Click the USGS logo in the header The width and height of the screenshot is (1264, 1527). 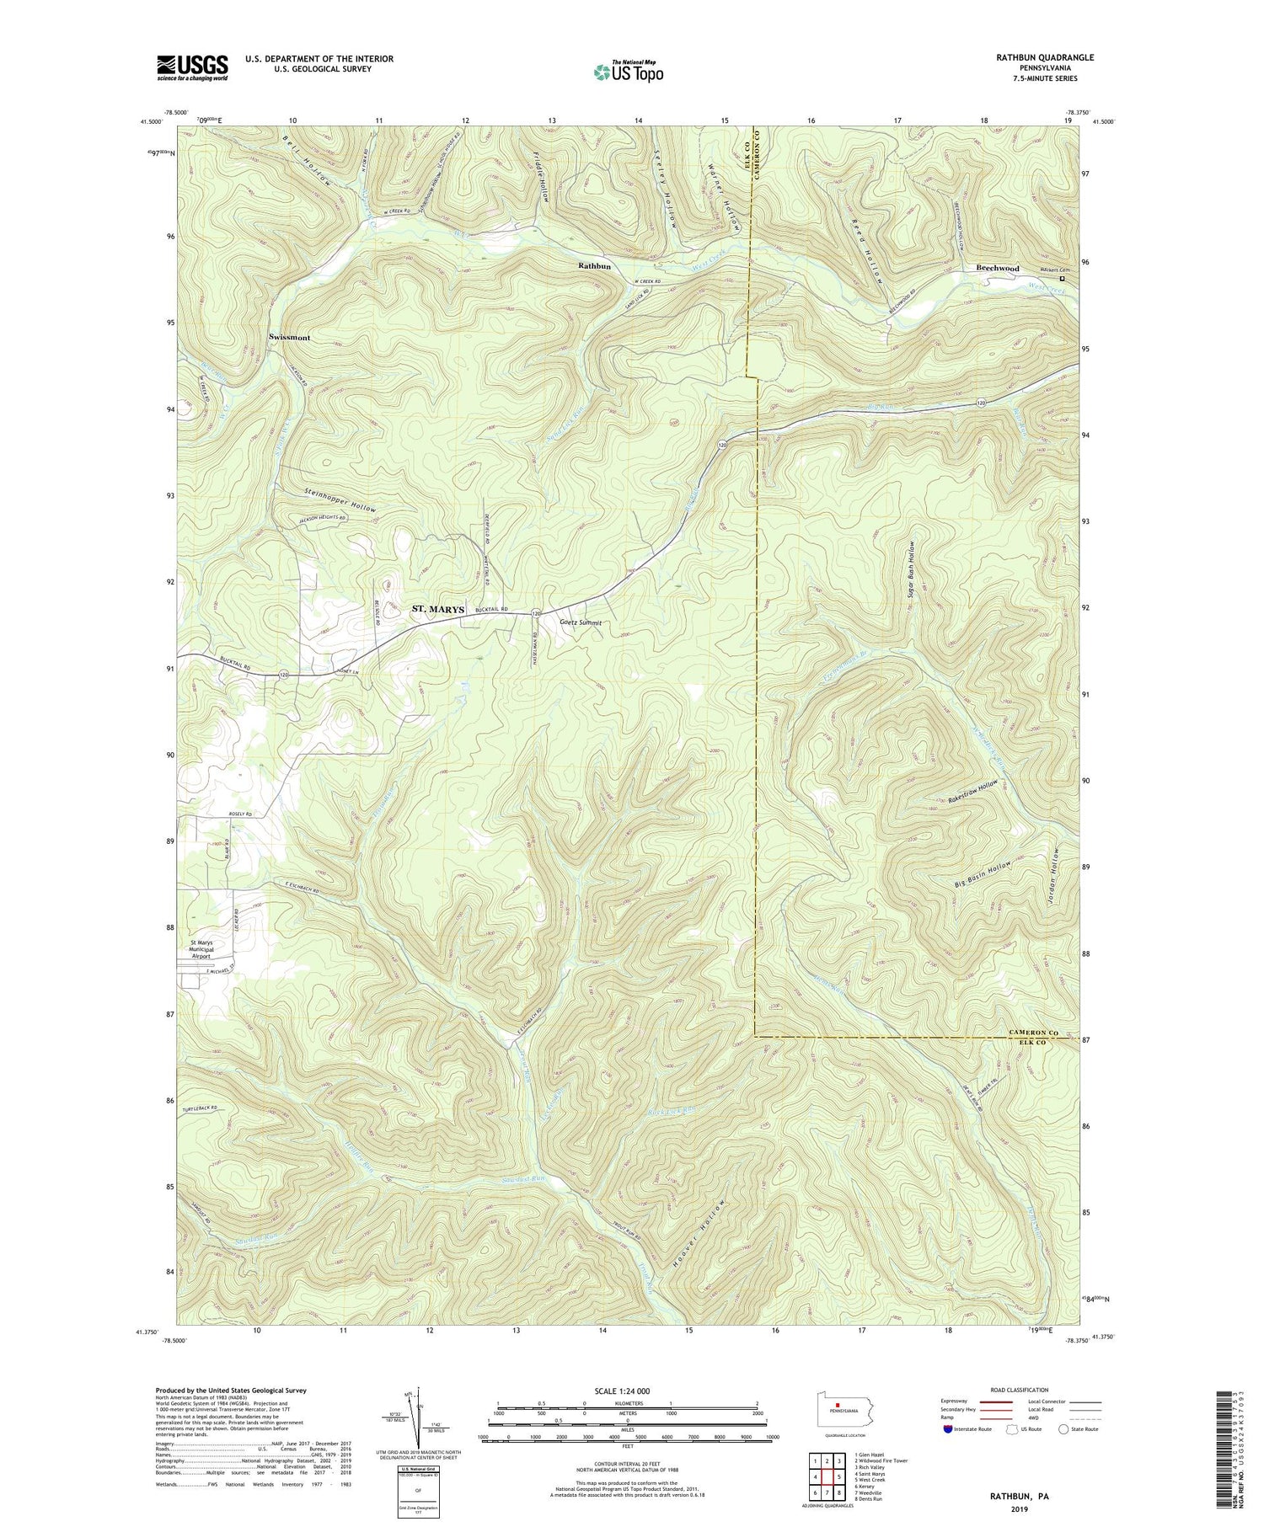tap(191, 67)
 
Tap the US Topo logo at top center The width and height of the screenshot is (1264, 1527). tap(627, 72)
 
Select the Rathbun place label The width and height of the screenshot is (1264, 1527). tap(594, 265)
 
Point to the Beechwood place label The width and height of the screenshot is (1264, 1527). tap(997, 269)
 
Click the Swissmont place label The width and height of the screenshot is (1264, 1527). tap(289, 338)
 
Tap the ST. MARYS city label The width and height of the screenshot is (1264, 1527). tap(437, 609)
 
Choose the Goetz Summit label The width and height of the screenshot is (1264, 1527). tap(581, 623)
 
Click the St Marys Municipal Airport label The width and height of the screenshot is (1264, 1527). tap(212, 950)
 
